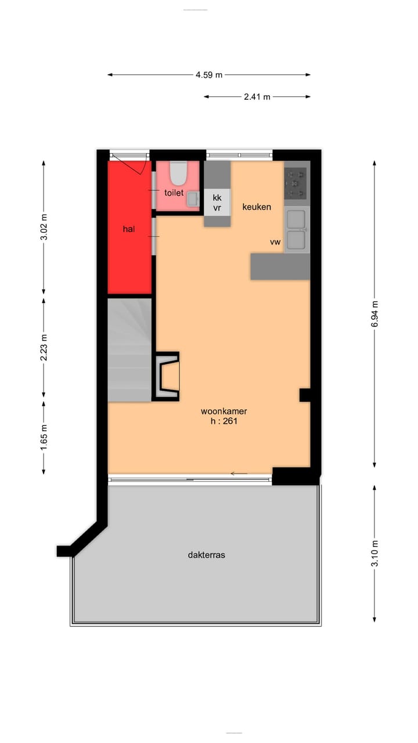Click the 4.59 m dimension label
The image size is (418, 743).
click(x=209, y=75)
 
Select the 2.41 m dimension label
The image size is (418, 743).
click(x=257, y=97)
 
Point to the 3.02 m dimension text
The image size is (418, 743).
click(x=44, y=228)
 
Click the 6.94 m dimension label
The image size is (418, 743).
click(x=374, y=314)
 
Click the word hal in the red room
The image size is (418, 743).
click(x=129, y=229)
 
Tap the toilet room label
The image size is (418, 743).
click(x=174, y=193)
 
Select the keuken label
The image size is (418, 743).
click(x=257, y=207)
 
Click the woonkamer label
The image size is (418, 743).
click(x=224, y=412)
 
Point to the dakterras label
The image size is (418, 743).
click(x=206, y=555)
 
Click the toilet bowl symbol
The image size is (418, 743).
click(x=178, y=172)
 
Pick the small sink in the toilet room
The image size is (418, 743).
click(x=193, y=199)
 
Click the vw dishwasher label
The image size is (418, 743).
click(x=275, y=242)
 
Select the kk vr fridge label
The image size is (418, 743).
click(x=217, y=203)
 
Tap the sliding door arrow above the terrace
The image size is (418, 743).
click(x=239, y=474)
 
